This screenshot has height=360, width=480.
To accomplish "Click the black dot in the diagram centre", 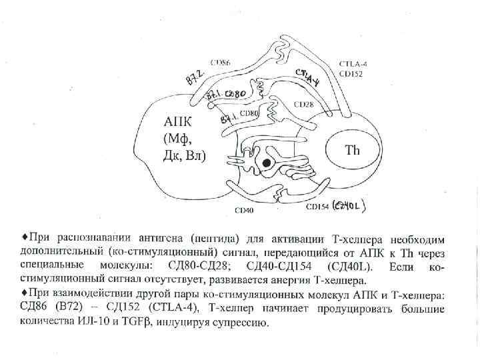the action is pos(267,163).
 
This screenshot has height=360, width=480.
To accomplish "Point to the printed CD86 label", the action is pos(221,63).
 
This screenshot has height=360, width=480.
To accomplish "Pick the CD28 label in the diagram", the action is pos(303,105).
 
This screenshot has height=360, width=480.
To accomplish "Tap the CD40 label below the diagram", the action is pos(243,209).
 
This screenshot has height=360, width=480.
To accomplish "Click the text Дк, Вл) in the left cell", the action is pos(185,157).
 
